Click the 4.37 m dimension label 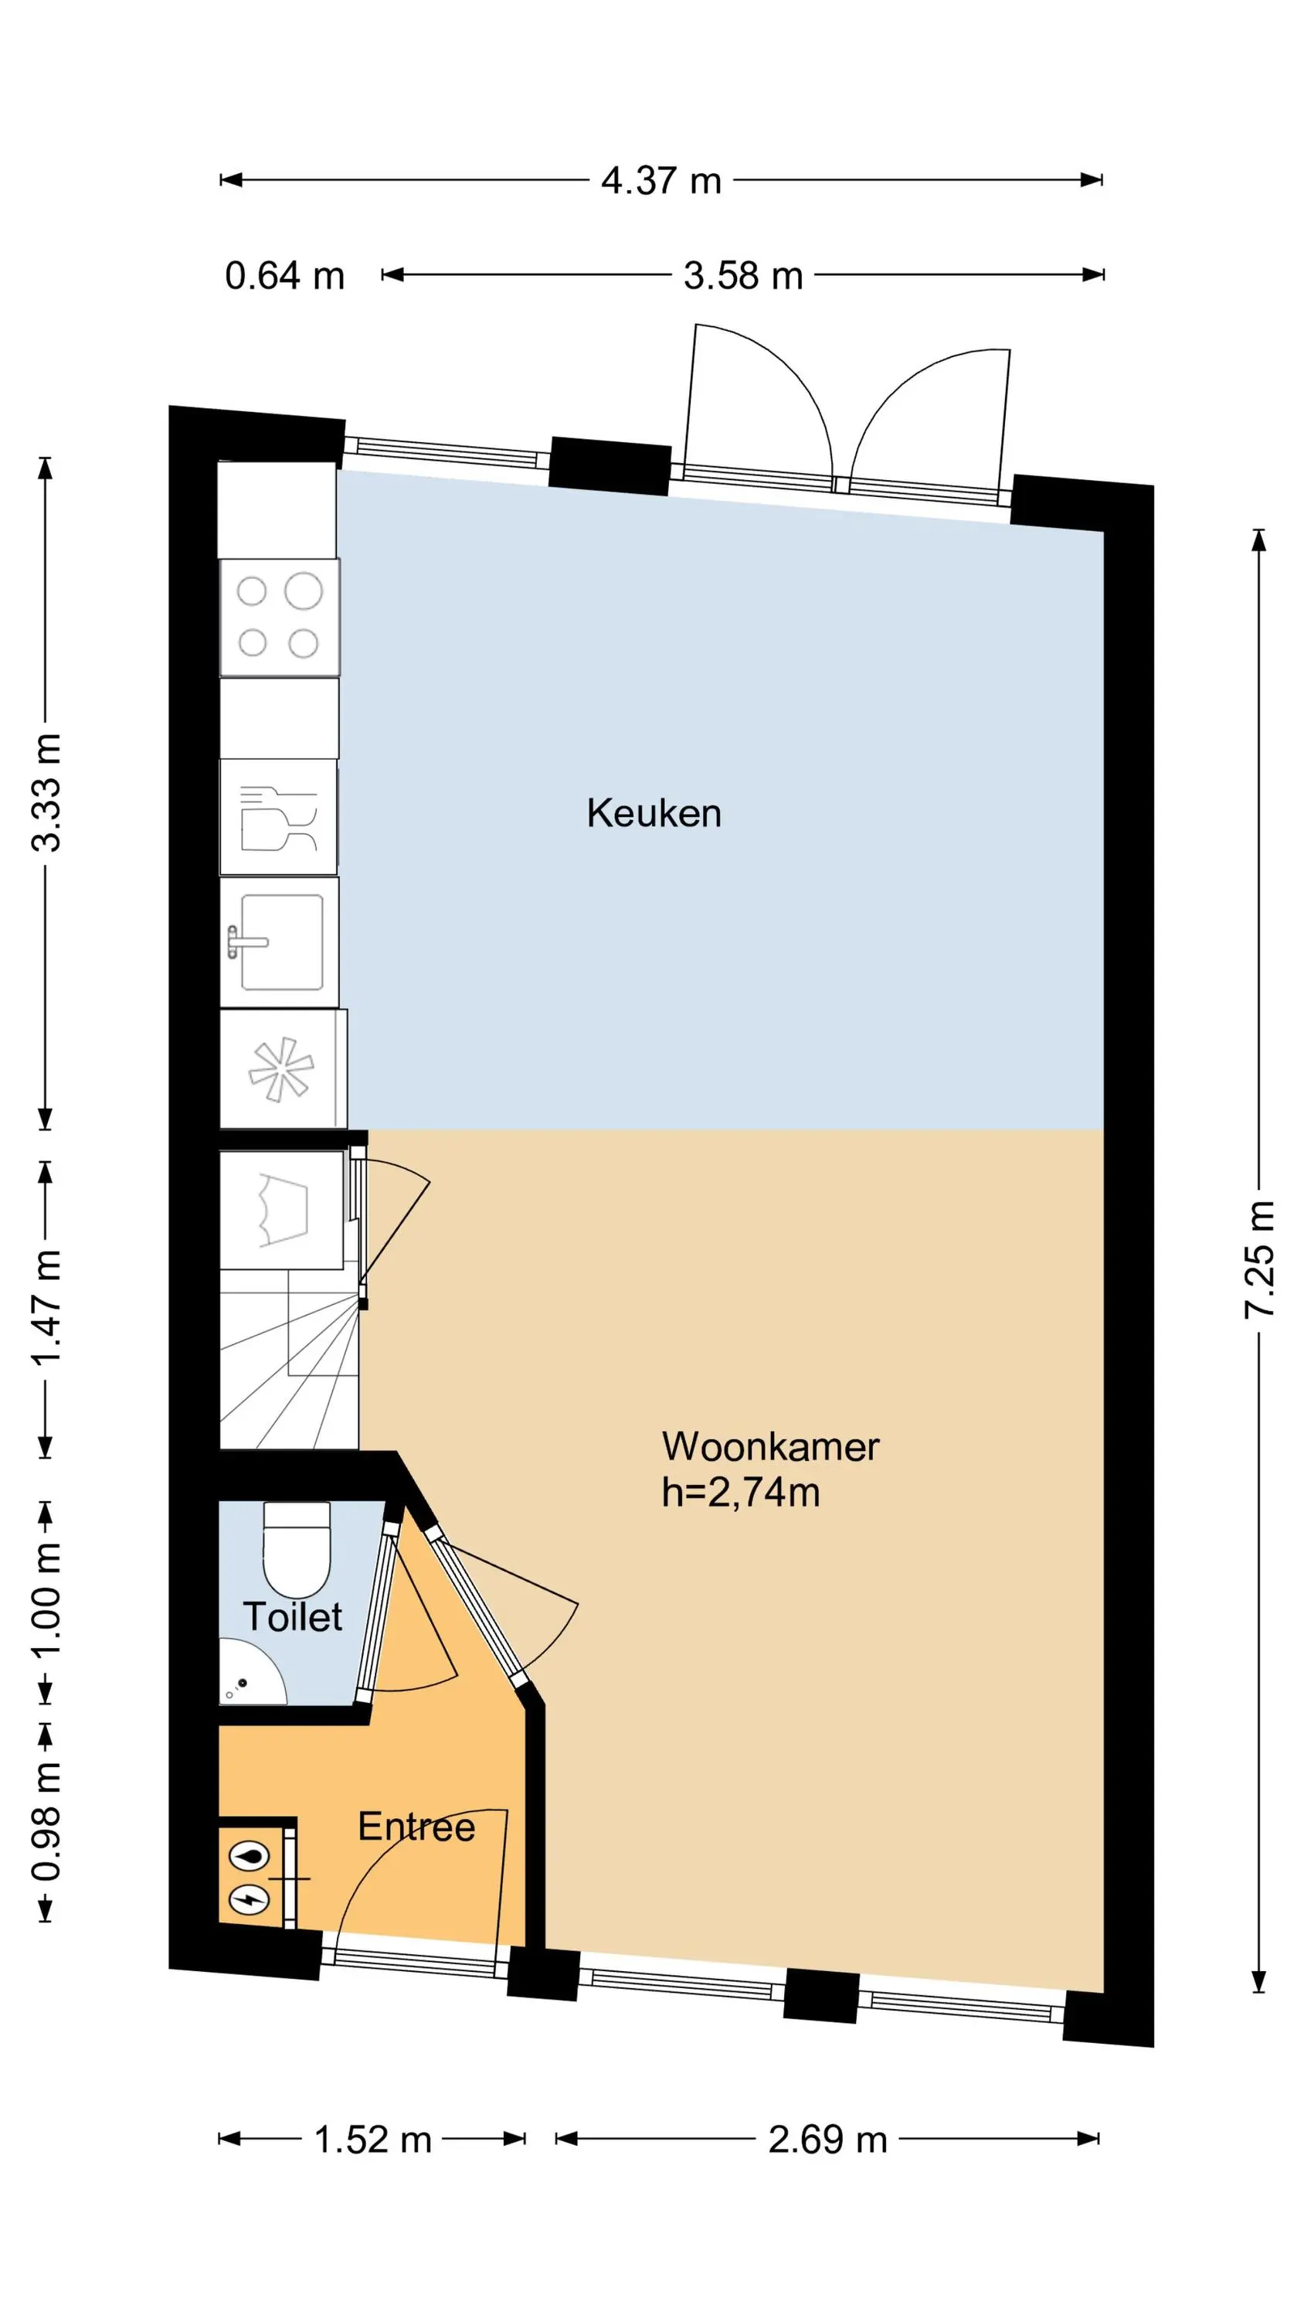tap(660, 181)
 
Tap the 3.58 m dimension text tap(742, 275)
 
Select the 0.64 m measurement tap(284, 275)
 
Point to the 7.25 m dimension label tap(1260, 1259)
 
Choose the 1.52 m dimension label tap(372, 2140)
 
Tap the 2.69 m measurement tap(827, 2140)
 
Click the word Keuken tap(654, 813)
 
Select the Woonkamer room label tap(770, 1447)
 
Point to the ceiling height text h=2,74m tap(741, 1493)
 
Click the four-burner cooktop tap(279, 618)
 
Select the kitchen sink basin tap(280, 942)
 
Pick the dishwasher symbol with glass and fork tap(278, 817)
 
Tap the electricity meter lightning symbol tap(249, 1898)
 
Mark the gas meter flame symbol tap(249, 1855)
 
